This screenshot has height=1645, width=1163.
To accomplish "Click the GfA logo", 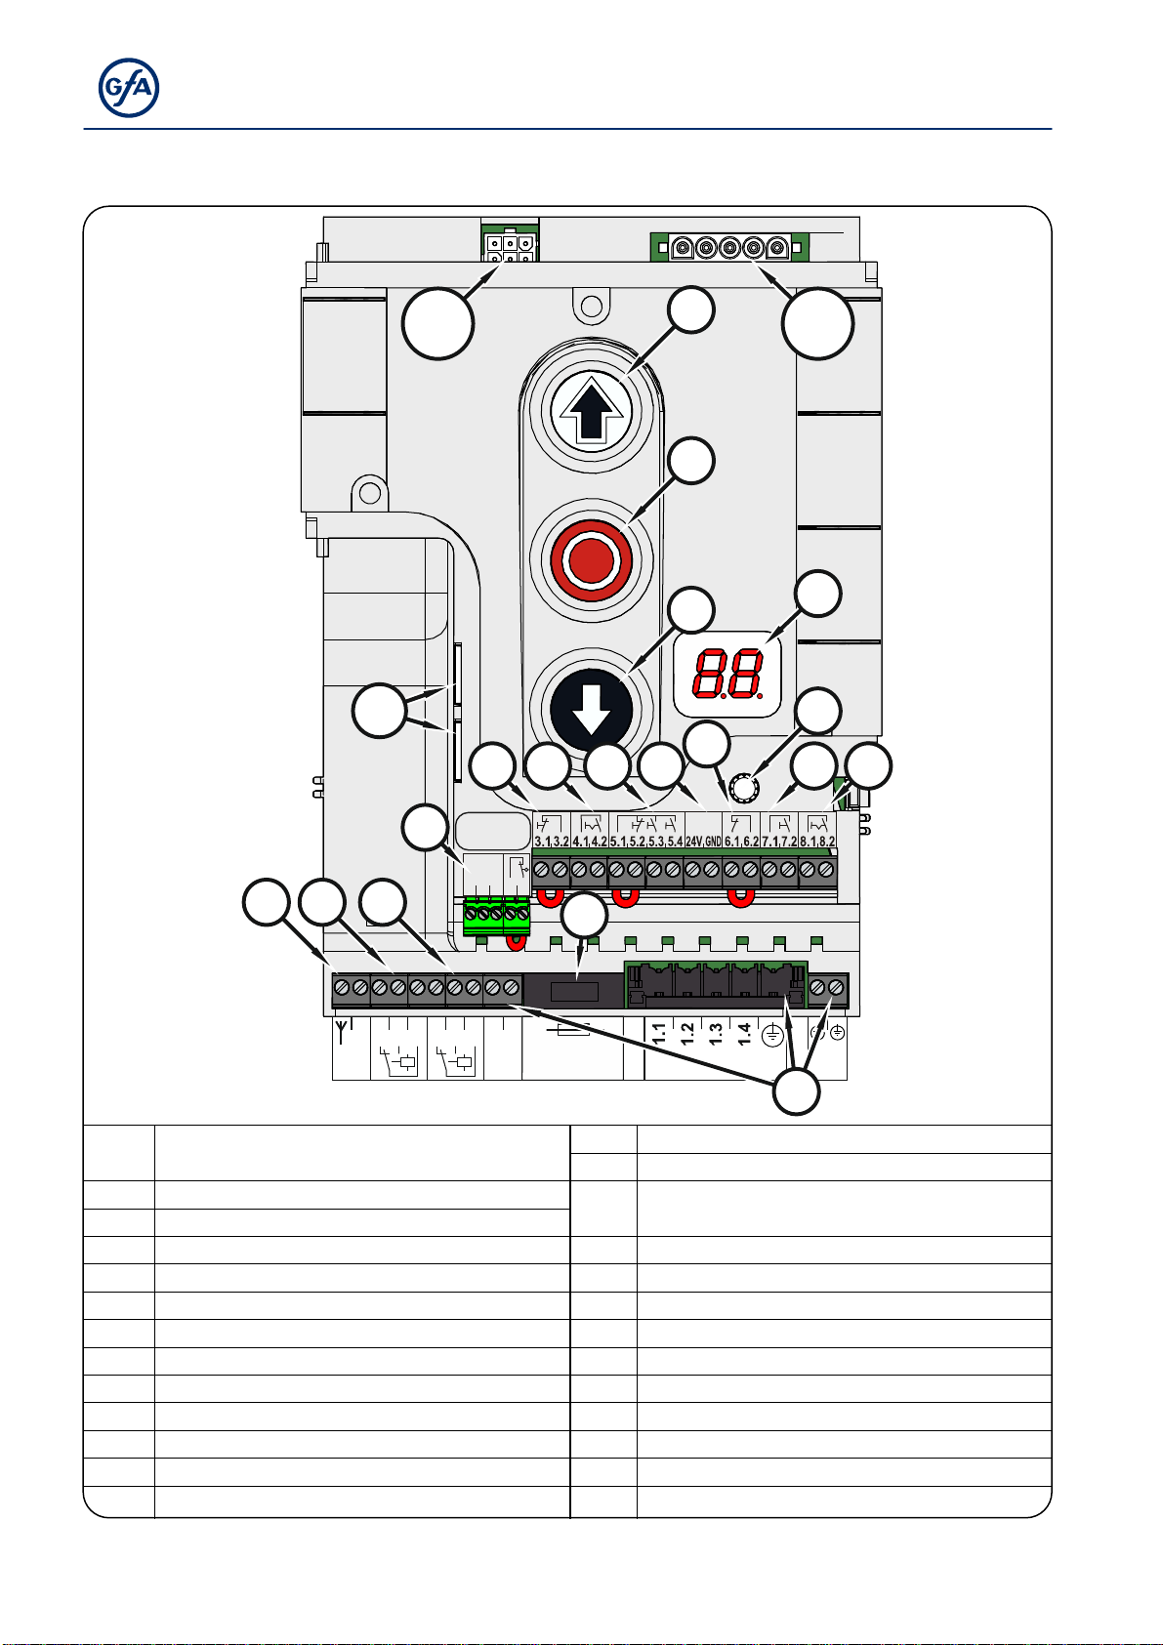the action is [129, 88].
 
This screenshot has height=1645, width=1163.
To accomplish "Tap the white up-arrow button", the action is [592, 410].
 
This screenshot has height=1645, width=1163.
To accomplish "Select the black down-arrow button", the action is [592, 710].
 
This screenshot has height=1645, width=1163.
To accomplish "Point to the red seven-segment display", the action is [728, 673].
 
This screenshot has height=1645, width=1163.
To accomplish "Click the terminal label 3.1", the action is [542, 842].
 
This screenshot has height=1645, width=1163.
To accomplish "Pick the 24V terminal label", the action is [693, 842].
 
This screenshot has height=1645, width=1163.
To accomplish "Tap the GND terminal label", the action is [714, 842].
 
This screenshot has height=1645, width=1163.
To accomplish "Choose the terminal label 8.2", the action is [827, 842].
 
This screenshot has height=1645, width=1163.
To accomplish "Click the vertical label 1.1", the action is [659, 1033].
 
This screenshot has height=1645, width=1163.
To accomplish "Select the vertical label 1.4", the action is [744, 1033].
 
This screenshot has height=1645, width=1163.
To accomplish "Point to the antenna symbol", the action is [342, 1031].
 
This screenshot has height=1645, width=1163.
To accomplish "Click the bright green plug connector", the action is [496, 915].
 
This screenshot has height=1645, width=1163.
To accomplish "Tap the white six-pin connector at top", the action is [510, 248].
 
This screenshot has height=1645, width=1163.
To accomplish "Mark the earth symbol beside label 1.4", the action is [771, 1035].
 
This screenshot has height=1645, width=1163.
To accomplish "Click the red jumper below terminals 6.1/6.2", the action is [740, 898].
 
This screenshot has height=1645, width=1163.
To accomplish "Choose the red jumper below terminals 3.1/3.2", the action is [551, 897].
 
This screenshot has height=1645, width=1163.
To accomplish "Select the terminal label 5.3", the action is [656, 842].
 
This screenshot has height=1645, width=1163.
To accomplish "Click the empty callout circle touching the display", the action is [818, 594].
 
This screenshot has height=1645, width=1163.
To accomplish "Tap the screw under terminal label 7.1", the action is [769, 870].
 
